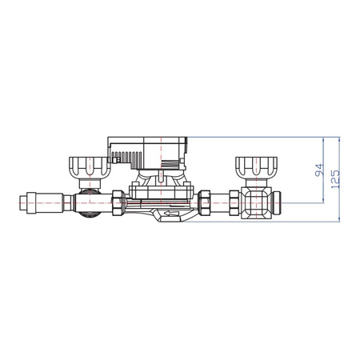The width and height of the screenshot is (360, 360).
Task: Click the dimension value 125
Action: pos(335,178)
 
